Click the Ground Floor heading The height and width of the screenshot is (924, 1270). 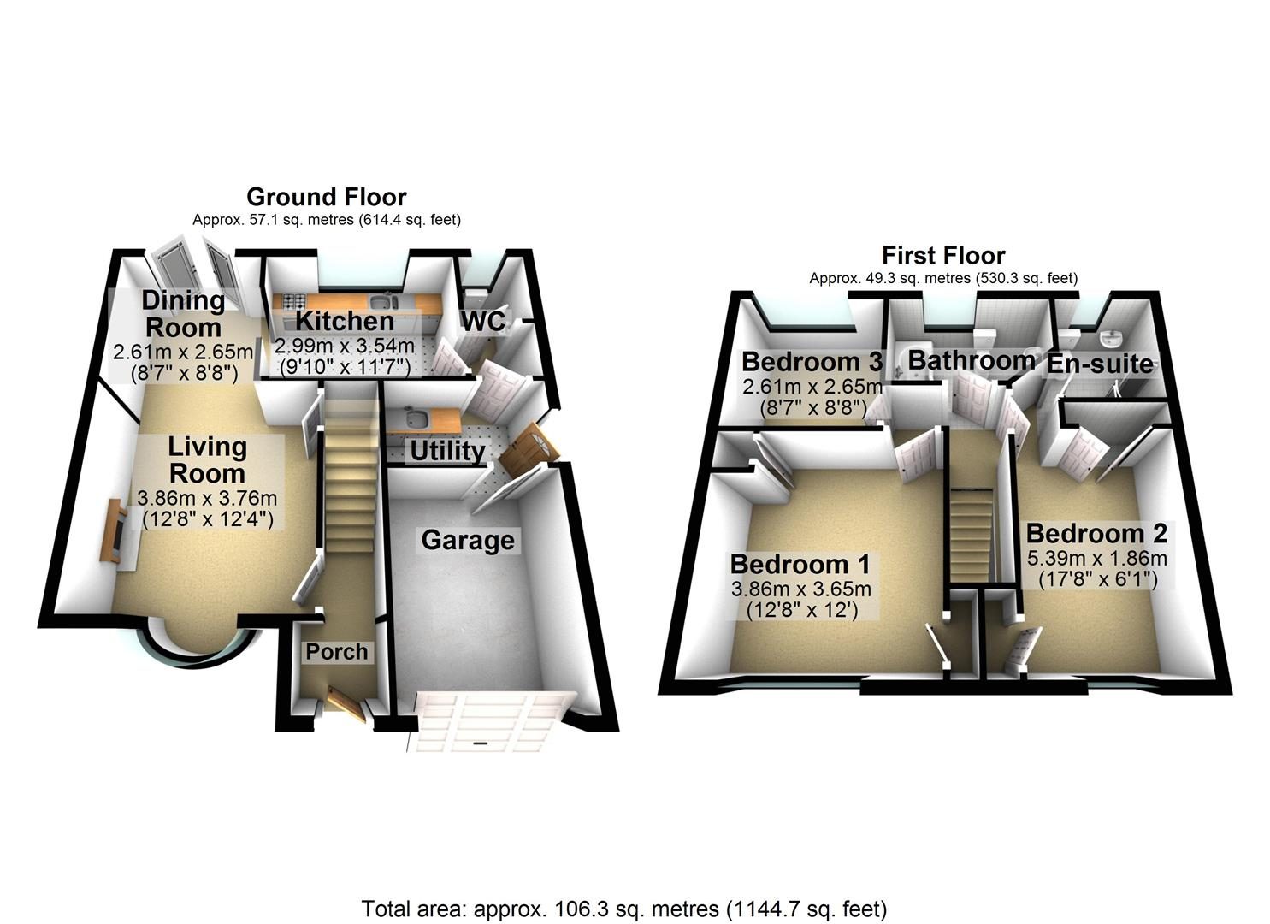tap(327, 197)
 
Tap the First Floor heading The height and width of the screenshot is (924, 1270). tap(943, 256)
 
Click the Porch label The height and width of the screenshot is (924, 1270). tap(337, 652)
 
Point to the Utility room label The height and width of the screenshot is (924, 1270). tap(447, 452)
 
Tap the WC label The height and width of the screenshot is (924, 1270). tap(483, 322)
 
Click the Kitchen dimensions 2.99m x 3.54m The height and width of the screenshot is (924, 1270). tap(345, 346)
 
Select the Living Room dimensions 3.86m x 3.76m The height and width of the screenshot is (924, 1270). tap(207, 498)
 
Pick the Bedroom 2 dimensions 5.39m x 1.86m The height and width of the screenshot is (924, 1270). tap(1097, 558)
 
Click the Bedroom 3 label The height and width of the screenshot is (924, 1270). tap(812, 361)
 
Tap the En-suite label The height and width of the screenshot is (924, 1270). tap(1100, 364)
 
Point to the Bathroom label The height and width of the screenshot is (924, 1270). tap(972, 360)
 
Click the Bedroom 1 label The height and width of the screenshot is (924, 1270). tap(800, 564)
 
